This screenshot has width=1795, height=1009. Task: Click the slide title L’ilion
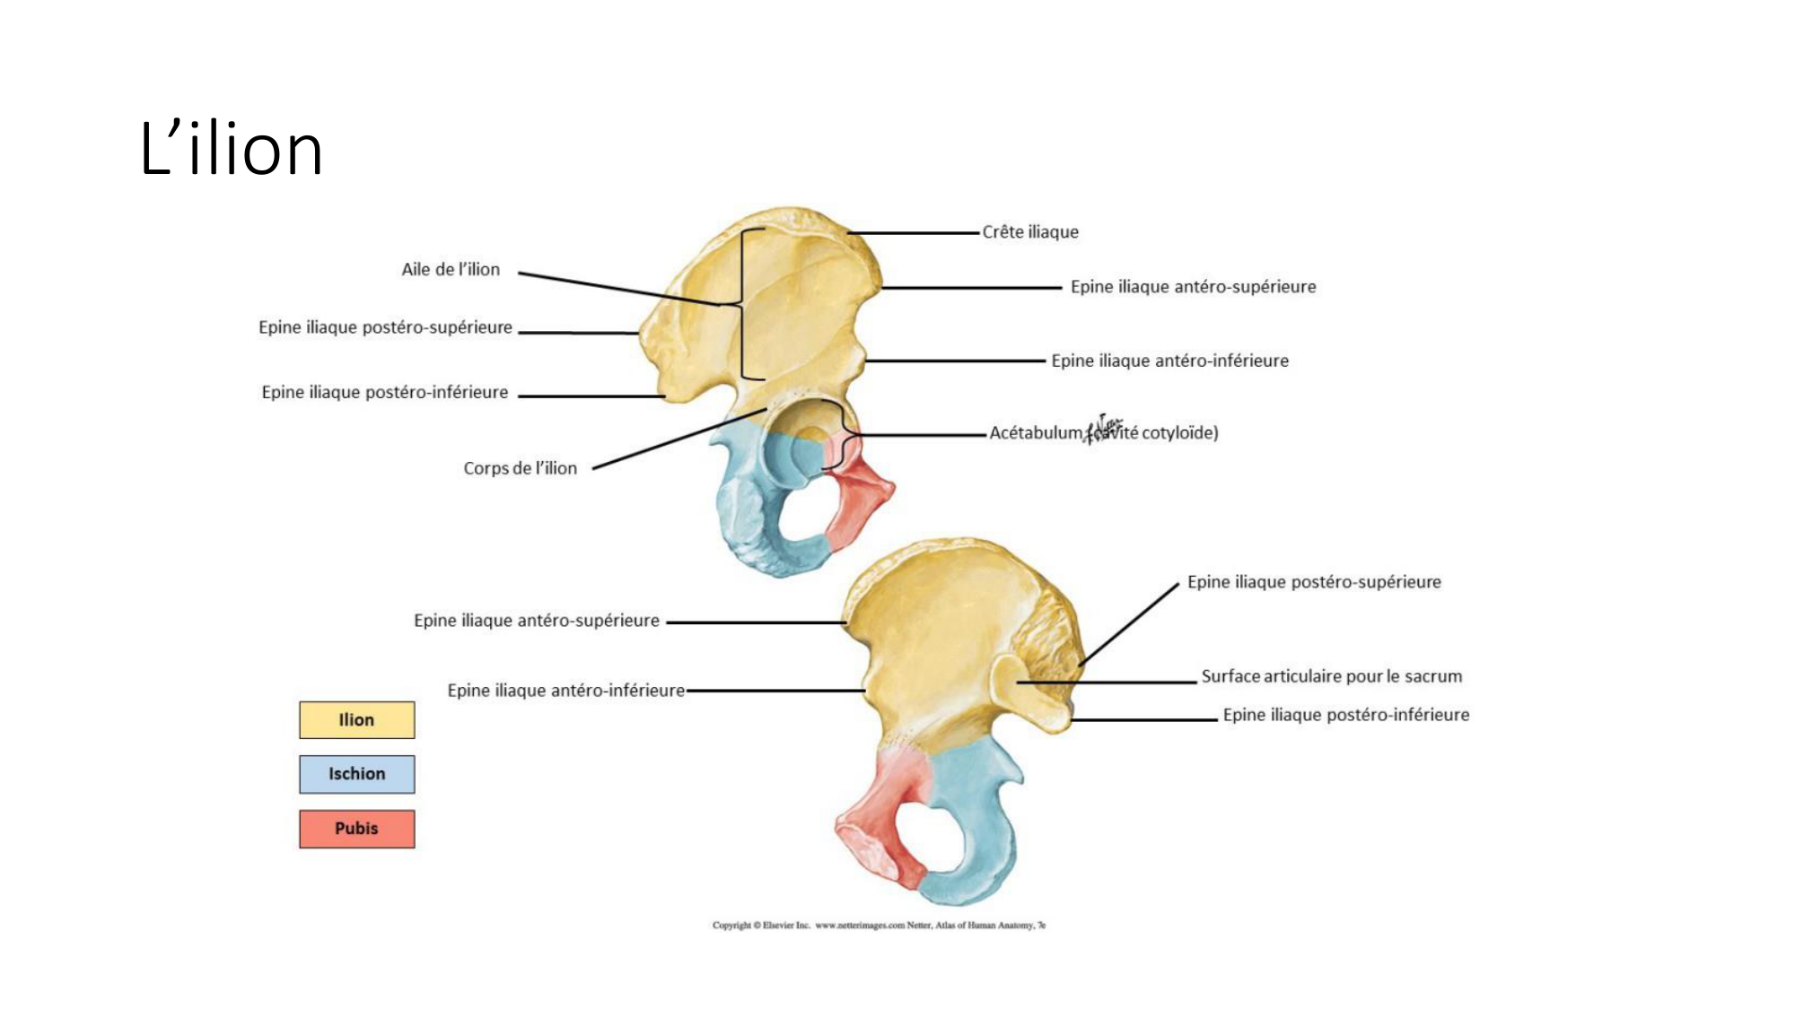[x=231, y=148]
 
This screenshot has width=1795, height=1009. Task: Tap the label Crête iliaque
[x=1030, y=232]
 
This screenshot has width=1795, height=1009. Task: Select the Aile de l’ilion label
[x=451, y=269]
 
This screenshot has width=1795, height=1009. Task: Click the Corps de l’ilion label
[x=520, y=468]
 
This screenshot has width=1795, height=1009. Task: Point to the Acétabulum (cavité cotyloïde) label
[x=1103, y=433]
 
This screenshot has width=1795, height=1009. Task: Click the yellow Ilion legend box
[x=356, y=720]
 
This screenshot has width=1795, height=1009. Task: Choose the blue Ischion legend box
[x=356, y=774]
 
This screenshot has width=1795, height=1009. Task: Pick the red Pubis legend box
[x=356, y=829]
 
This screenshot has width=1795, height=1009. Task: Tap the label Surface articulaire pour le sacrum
[x=1331, y=676]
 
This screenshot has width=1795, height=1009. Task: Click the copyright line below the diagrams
[x=879, y=925]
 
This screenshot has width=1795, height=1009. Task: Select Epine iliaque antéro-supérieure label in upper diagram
[x=1193, y=287]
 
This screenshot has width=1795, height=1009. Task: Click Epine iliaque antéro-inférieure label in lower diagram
[x=565, y=691]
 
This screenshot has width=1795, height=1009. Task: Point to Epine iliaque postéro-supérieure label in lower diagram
[x=1314, y=582]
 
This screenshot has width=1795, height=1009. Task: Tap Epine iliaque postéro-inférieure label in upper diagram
[x=384, y=392]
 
